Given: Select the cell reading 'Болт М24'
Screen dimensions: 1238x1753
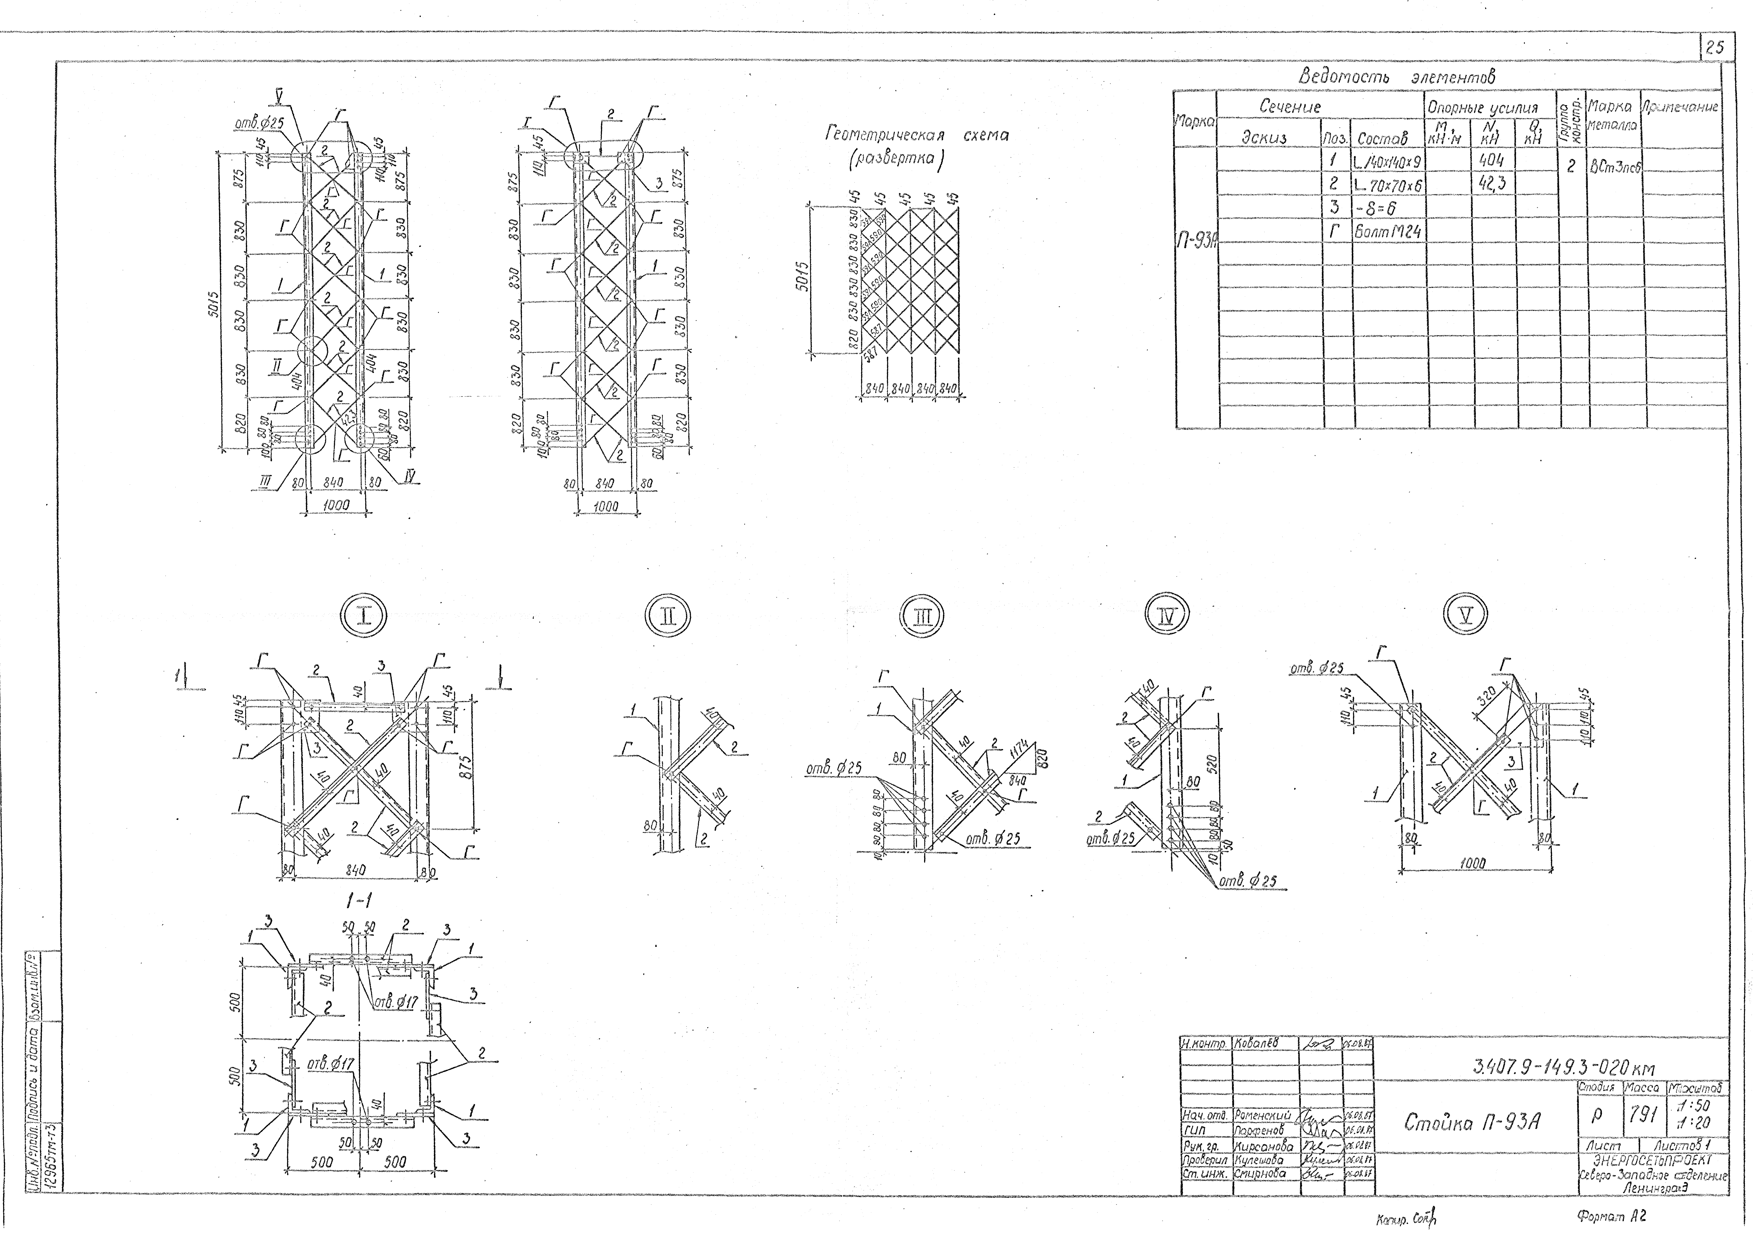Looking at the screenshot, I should point(1387,232).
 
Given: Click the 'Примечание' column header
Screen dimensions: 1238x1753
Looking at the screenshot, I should point(1681,108).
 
